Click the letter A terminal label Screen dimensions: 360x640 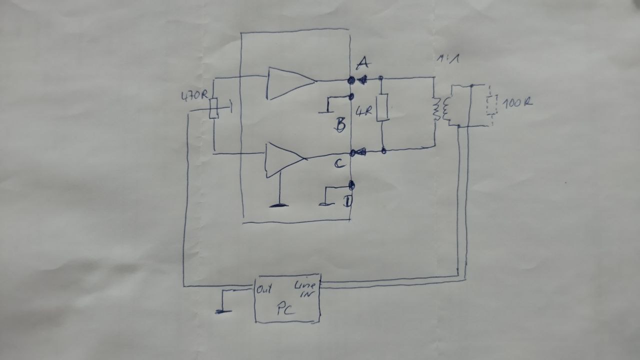[x=363, y=64]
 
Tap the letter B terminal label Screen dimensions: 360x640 [x=340, y=123]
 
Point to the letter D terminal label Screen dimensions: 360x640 [x=347, y=202]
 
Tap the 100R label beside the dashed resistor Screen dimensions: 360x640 [x=517, y=103]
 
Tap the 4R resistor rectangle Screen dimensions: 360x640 [x=382, y=107]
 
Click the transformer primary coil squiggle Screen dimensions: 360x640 [x=436, y=109]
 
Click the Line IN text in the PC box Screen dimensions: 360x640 [x=304, y=288]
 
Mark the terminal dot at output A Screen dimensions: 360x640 [x=351, y=80]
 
